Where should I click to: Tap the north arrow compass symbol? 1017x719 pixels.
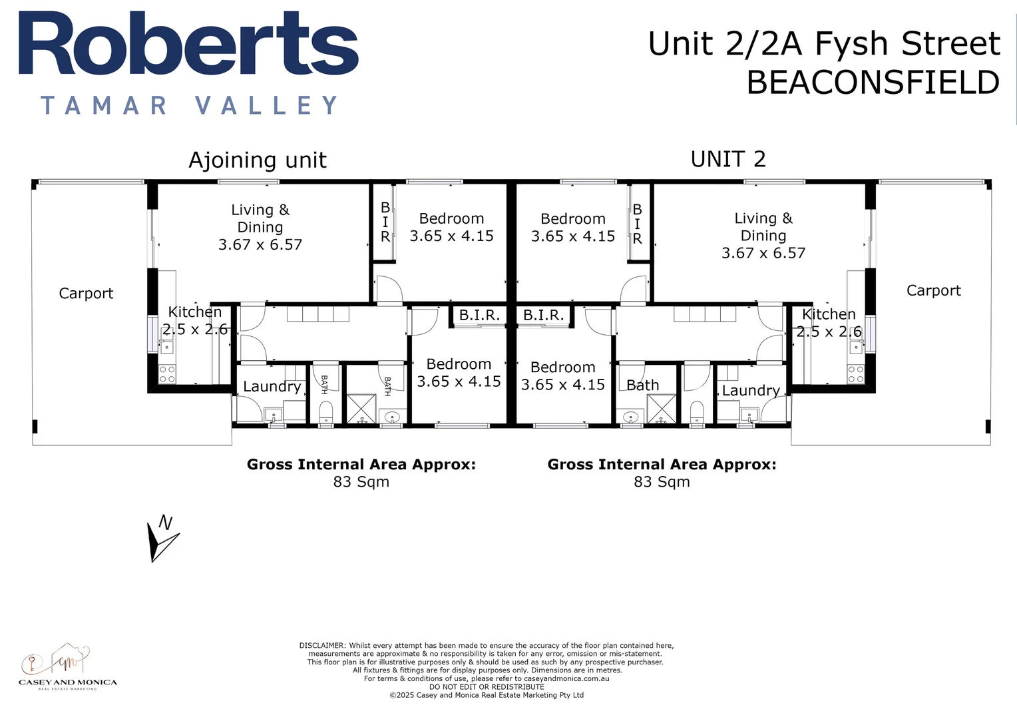(160, 539)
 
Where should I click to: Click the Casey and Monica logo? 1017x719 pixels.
(67, 666)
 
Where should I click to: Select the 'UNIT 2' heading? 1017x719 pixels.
(728, 159)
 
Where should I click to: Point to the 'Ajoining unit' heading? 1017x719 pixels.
(258, 160)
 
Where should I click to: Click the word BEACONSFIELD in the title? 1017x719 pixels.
(873, 83)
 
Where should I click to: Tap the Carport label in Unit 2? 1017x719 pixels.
(933, 290)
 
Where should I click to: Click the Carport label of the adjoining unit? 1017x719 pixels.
(86, 293)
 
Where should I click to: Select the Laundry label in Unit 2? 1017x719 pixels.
(751, 390)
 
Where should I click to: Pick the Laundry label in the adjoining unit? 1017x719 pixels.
(272, 386)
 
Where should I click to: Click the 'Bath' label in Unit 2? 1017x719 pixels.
(642, 385)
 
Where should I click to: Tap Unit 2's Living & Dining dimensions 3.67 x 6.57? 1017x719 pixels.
(763, 253)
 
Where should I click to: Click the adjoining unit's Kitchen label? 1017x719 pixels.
(194, 312)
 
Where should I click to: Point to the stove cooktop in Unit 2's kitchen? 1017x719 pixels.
(855, 373)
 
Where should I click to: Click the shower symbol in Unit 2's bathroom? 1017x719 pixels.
(662, 409)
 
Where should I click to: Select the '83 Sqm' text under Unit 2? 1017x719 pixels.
(662, 481)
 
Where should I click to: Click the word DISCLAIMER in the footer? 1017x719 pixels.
(322, 645)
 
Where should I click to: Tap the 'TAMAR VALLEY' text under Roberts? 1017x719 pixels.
(190, 105)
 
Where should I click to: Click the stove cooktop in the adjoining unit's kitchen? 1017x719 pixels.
(167, 373)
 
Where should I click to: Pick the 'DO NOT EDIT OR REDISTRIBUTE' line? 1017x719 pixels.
(487, 686)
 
